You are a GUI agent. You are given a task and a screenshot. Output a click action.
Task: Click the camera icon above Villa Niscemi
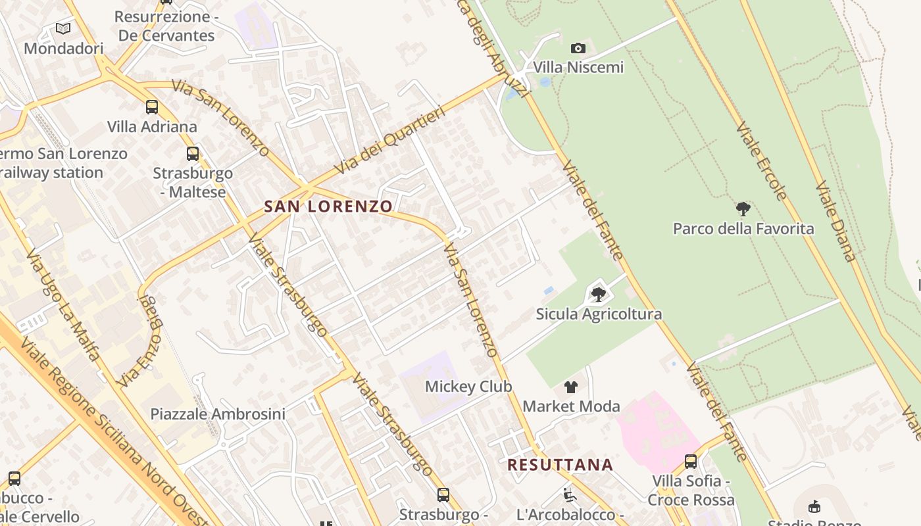(x=578, y=48)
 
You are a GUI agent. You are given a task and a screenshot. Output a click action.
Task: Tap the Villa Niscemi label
(x=578, y=67)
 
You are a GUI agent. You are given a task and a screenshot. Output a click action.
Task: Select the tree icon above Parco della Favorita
(x=743, y=209)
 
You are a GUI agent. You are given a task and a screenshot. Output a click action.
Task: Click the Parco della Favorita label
(x=743, y=229)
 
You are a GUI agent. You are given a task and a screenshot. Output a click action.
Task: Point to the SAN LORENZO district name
(x=328, y=206)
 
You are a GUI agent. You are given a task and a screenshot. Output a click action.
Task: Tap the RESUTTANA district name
(x=560, y=466)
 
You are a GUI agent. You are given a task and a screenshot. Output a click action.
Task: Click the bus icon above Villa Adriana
(x=152, y=107)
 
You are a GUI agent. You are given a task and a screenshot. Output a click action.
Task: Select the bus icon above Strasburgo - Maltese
(x=193, y=154)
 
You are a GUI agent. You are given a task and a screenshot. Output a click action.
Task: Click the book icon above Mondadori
(x=63, y=29)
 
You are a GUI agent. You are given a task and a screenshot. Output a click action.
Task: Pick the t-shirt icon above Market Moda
(x=571, y=387)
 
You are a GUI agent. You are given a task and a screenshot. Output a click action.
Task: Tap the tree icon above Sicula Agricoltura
(x=599, y=294)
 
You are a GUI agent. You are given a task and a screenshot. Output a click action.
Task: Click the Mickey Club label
(x=468, y=387)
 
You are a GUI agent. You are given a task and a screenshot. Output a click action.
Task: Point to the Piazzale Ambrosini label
(x=218, y=414)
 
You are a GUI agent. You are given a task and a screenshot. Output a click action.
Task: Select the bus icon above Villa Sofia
(x=691, y=462)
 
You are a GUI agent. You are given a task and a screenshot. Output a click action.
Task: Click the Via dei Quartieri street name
(x=390, y=139)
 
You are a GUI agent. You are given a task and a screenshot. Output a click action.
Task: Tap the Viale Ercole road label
(x=762, y=160)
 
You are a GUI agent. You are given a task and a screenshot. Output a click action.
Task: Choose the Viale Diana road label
(x=835, y=222)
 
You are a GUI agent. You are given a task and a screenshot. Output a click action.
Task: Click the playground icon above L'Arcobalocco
(x=570, y=494)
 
